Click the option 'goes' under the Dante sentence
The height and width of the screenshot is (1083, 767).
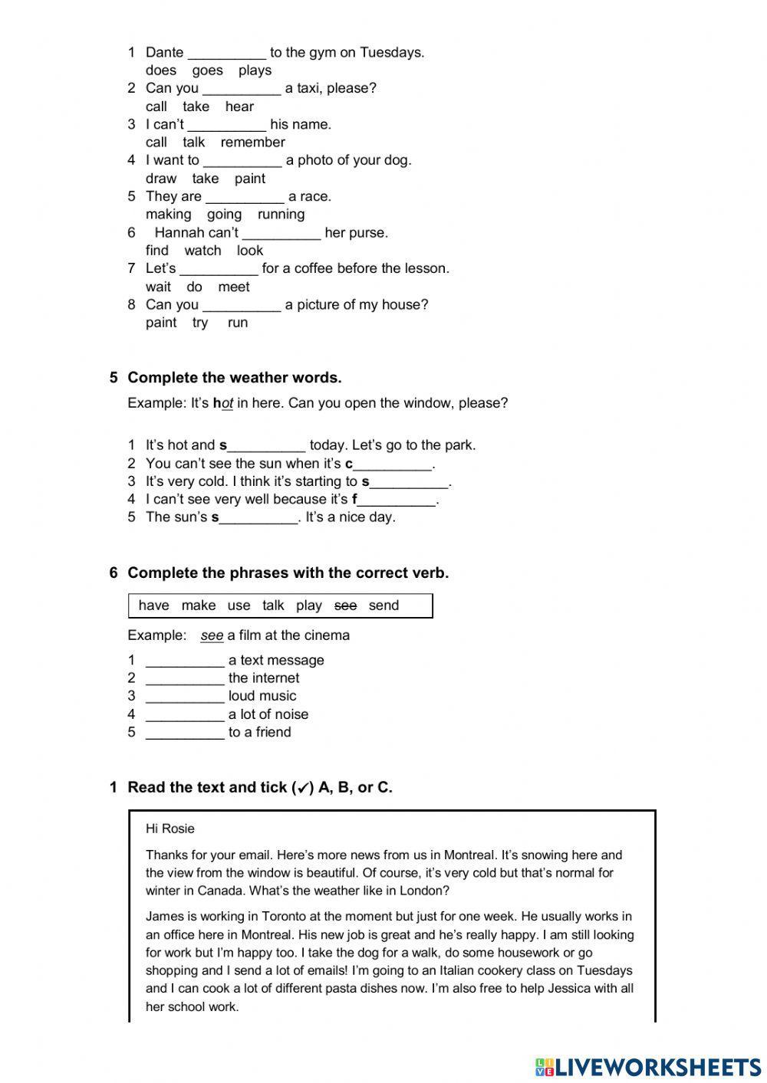pos(207,71)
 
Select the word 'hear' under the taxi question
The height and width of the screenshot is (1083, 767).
pos(239,107)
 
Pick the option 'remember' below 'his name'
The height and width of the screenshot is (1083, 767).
pos(252,143)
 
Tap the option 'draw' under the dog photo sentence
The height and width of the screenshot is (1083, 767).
pos(161,179)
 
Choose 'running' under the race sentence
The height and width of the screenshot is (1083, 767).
pos(281,215)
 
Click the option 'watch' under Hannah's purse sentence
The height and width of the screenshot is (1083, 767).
pos(202,251)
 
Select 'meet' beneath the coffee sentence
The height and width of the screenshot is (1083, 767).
pos(234,287)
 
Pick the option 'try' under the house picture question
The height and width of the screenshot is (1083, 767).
pos(200,323)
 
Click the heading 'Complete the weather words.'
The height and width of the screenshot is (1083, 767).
pos(234,378)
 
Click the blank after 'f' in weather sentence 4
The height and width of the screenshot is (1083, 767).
pos(397,500)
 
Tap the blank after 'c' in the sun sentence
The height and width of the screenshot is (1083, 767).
pos(393,464)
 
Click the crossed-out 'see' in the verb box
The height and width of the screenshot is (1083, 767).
pos(346,605)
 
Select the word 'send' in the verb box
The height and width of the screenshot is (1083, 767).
pos(383,605)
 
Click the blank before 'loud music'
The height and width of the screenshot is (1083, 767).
pos(185,697)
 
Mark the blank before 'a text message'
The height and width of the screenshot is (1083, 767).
pos(185,661)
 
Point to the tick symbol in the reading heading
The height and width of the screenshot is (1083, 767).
pos(303,788)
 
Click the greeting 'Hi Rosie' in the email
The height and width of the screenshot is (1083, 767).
pos(170,829)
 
